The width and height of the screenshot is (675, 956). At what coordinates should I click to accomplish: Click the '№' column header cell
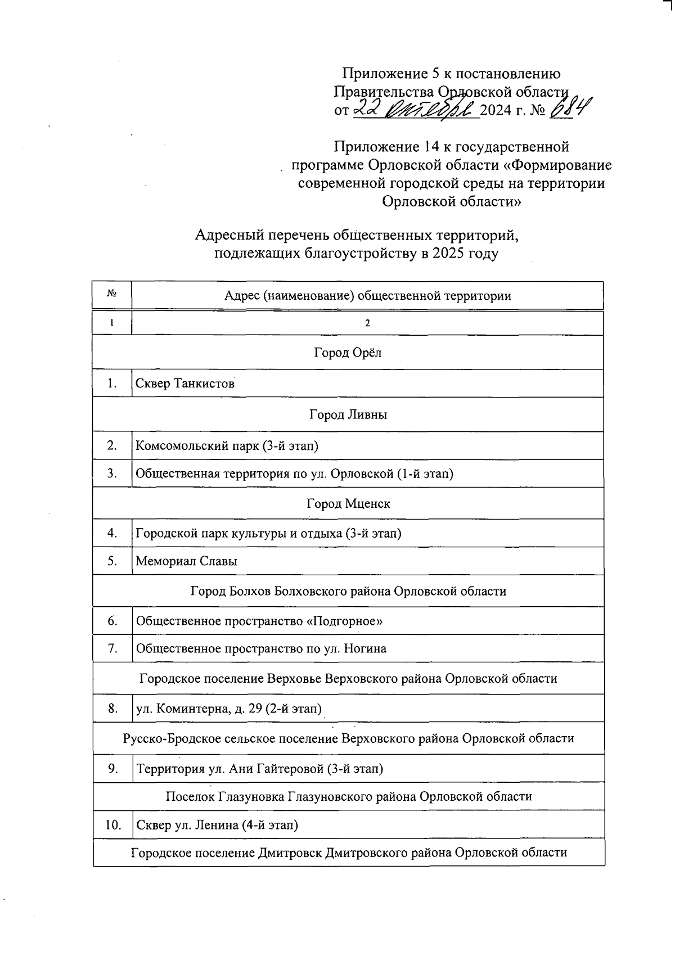[x=112, y=295]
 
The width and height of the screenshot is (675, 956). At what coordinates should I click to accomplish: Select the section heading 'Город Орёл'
[x=348, y=353]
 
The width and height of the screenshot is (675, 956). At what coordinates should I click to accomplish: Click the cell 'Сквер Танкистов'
[x=185, y=384]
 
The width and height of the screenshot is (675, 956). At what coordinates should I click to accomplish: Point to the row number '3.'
[x=112, y=474]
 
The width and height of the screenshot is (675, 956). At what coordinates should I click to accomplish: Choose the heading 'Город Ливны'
[x=348, y=414]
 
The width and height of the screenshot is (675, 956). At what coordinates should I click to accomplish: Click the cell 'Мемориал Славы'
[x=186, y=561]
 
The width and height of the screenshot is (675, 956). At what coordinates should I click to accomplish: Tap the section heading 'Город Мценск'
[x=348, y=503]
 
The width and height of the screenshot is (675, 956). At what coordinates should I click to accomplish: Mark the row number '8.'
[x=112, y=709]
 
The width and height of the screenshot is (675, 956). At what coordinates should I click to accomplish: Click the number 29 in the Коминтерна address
[x=255, y=709]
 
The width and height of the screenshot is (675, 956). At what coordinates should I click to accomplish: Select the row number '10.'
[x=113, y=825]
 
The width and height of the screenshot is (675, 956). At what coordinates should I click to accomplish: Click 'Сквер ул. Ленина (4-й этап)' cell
[x=217, y=825]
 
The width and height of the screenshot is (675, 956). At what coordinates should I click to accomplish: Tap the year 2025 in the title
[x=449, y=254]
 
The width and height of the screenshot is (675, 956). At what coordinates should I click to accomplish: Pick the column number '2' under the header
[x=367, y=323]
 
